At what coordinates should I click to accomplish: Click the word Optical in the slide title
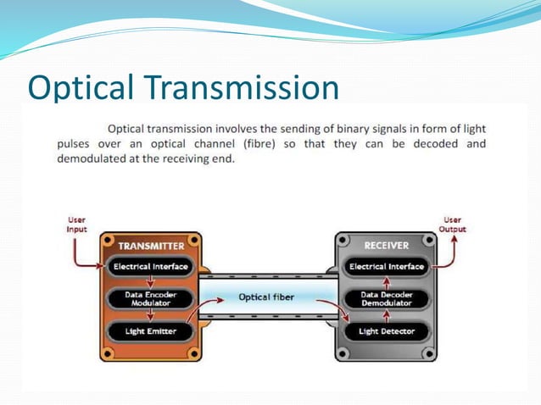(x=80, y=89)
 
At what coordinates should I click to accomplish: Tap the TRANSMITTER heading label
(x=152, y=246)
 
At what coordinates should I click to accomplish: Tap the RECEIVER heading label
(x=387, y=246)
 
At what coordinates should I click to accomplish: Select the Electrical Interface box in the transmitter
(x=152, y=267)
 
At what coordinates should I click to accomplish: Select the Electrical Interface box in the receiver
(x=388, y=267)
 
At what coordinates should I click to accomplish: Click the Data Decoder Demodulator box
(x=388, y=298)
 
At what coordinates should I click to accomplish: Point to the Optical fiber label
(x=266, y=297)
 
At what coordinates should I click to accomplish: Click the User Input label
(x=76, y=225)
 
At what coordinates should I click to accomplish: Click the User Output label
(x=452, y=225)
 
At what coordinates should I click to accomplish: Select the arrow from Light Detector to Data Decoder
(x=388, y=314)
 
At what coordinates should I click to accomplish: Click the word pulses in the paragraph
(x=74, y=144)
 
